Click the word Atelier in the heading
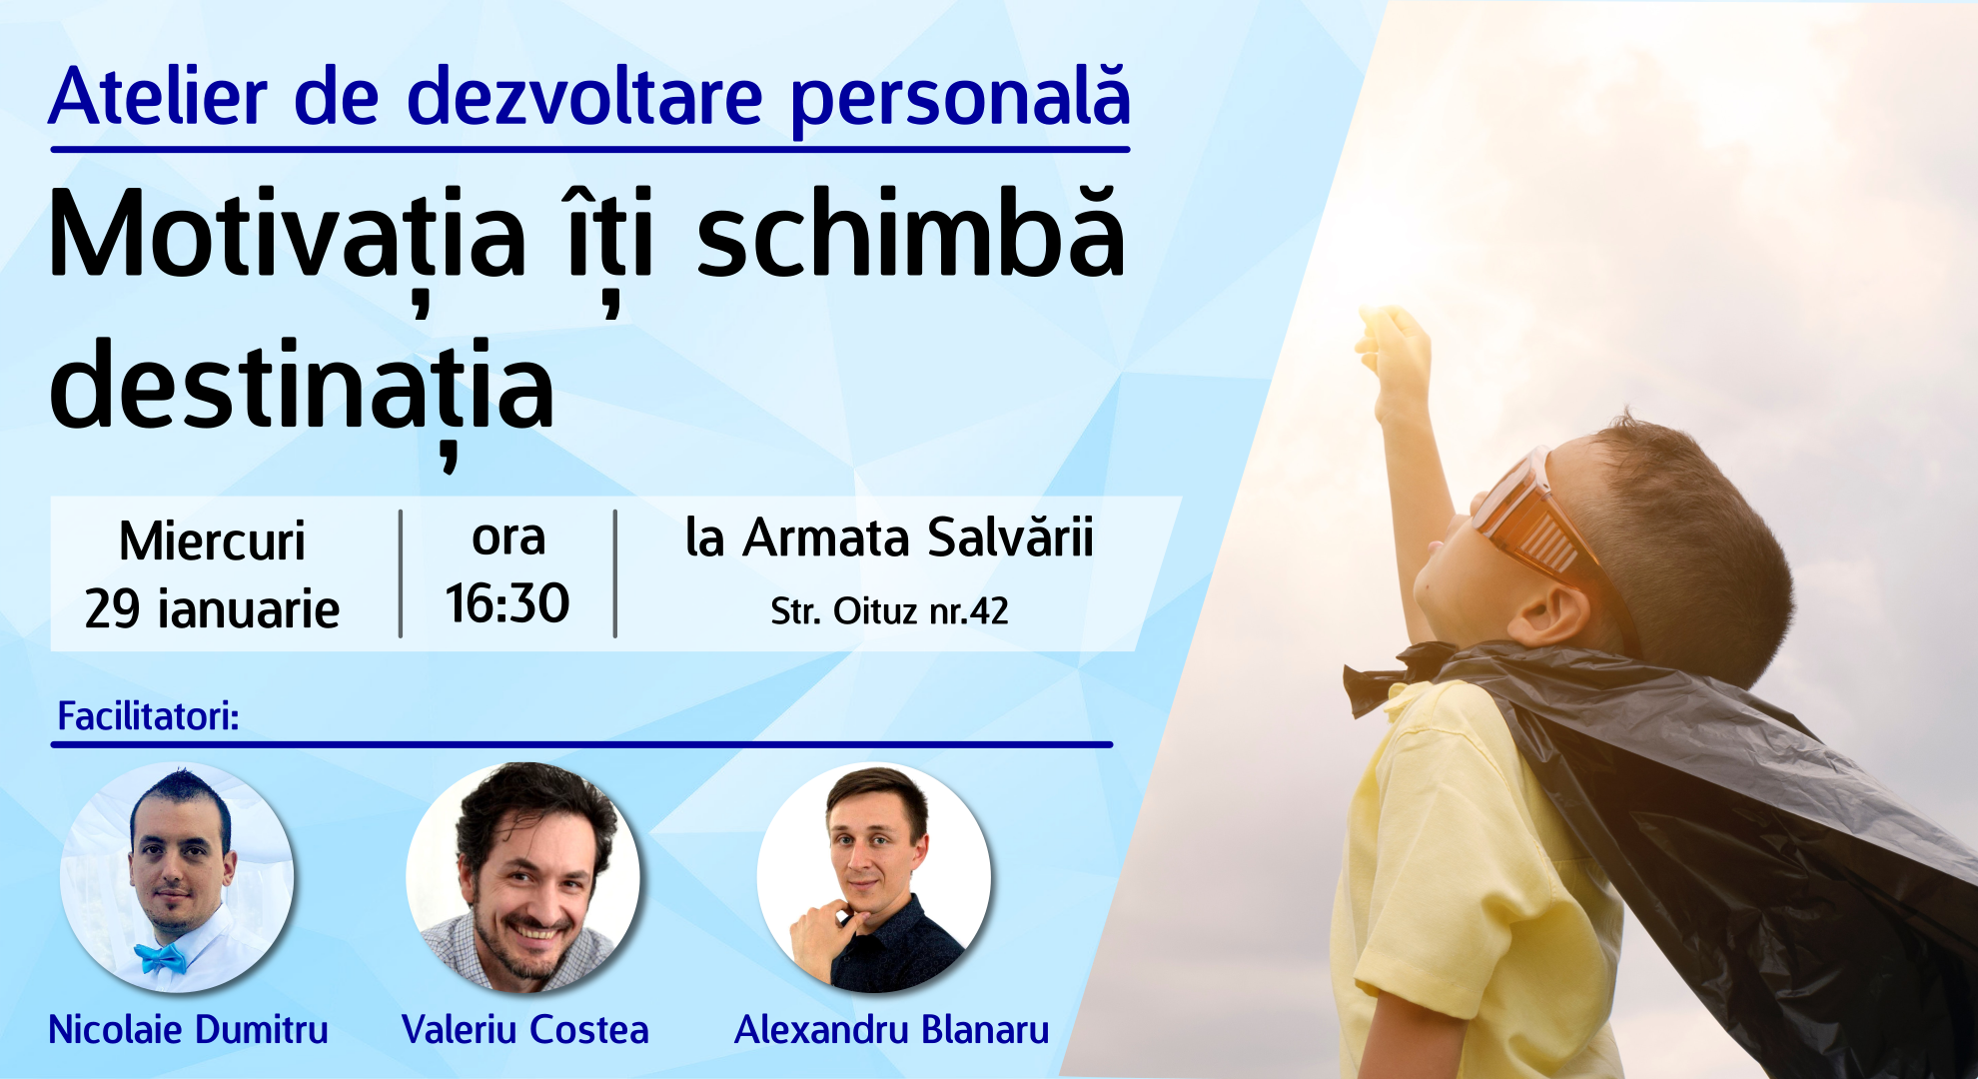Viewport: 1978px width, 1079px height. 159,98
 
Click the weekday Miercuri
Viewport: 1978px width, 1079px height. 212,541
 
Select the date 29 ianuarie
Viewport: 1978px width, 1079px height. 212,608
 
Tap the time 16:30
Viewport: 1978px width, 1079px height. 507,604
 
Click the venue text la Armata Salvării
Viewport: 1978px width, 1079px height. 889,538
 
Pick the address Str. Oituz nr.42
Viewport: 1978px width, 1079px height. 889,610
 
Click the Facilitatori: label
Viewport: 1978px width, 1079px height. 148,716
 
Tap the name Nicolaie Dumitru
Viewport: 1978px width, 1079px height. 188,1029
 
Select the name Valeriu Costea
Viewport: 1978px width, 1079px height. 525,1029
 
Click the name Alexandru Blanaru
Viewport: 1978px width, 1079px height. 892,1029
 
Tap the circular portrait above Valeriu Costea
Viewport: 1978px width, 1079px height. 522,877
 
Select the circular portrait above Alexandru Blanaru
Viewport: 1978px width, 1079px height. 874,877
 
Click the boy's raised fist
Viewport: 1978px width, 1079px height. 1394,345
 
